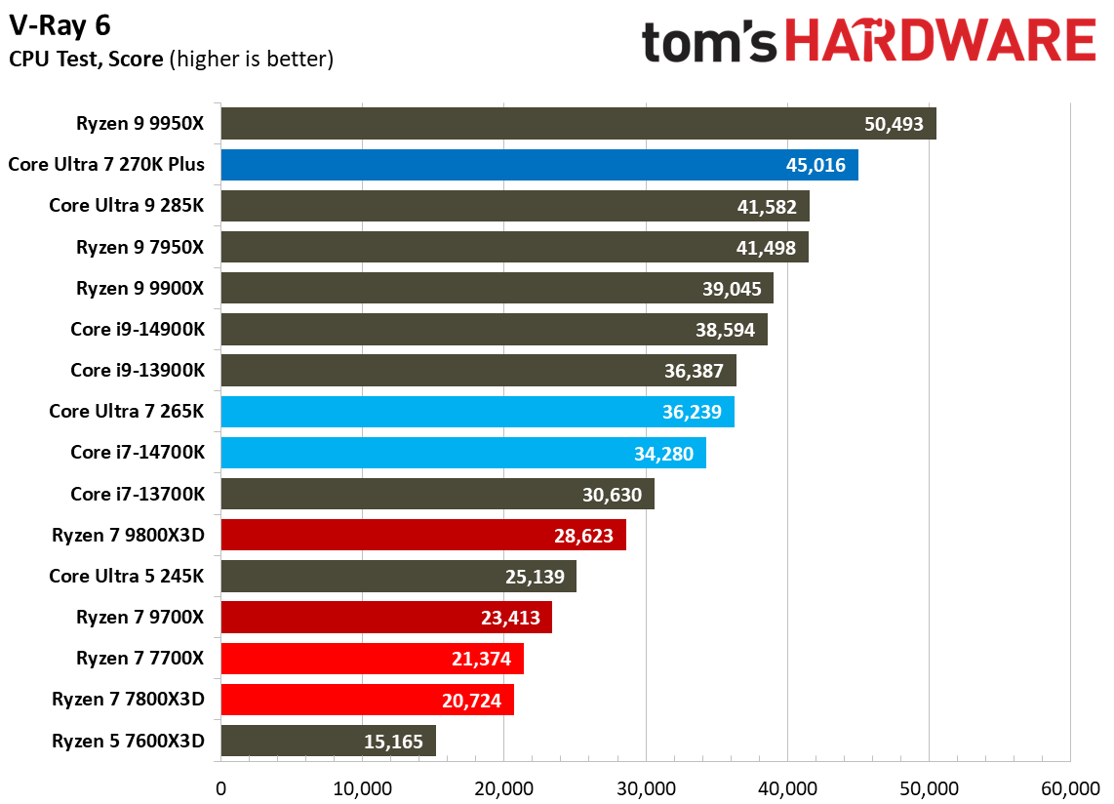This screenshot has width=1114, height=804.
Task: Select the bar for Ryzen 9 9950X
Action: pos(577,124)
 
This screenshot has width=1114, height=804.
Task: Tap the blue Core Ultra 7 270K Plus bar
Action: pos(538,165)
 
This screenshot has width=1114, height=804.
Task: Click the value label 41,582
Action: pos(766,207)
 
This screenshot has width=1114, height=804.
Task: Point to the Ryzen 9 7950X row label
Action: pos(140,248)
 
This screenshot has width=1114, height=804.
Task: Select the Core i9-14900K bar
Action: pos(494,330)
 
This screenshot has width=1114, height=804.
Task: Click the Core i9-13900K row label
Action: pos(138,371)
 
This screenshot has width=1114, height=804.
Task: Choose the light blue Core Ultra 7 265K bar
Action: pos(477,412)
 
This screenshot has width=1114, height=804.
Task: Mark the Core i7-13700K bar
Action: pos(437,495)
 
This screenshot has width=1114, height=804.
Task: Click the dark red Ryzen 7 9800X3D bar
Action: pos(422,536)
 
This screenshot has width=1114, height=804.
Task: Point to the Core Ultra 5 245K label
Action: pos(127,577)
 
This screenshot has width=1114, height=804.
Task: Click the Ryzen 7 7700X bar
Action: pos(372,659)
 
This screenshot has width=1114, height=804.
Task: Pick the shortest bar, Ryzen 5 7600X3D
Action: pos(328,742)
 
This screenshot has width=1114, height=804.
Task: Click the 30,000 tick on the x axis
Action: pos(646,787)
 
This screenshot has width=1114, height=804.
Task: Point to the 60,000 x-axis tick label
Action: pos(1070,787)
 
